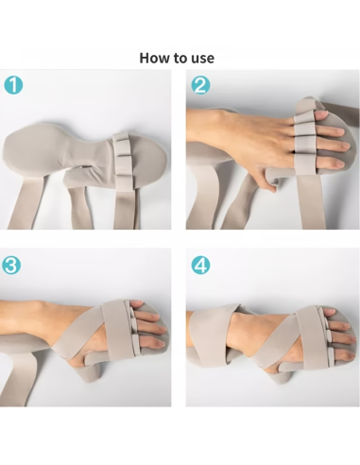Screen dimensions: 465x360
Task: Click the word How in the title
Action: point(155,58)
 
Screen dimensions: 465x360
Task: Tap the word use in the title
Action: point(201,58)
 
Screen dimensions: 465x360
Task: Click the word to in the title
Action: point(180,58)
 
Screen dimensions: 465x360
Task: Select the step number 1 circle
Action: point(14,84)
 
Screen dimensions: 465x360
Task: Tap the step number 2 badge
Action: point(200,84)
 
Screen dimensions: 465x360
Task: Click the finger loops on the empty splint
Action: point(122,151)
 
